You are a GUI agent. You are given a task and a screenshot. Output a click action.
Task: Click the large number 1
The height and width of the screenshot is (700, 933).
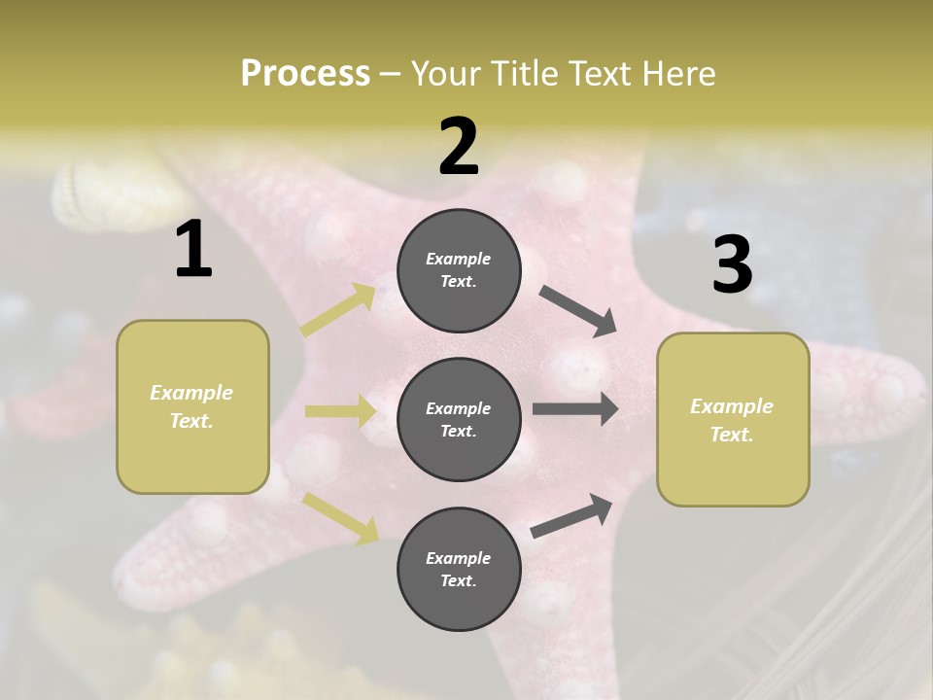pos(193,250)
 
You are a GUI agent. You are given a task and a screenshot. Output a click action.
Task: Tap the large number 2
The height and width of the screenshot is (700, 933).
pos(459,147)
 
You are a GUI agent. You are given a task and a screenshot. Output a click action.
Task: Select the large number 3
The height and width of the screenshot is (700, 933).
pos(732,265)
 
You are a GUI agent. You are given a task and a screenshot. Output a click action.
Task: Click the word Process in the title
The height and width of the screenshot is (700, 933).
pos(305,73)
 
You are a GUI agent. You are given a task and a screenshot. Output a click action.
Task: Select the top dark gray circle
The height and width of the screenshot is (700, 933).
pos(459,270)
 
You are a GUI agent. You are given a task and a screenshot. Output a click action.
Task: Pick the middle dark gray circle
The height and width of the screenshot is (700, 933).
pos(459,419)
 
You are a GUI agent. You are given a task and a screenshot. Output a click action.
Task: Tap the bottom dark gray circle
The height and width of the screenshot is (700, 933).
pos(459,569)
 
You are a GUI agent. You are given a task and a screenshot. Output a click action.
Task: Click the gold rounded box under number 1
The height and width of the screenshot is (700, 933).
pos(192,406)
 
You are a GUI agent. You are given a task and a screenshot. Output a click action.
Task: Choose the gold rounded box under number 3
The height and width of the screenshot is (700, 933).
pos(733,420)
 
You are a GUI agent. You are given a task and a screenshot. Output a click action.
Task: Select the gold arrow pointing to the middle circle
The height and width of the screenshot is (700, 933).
pos(340,411)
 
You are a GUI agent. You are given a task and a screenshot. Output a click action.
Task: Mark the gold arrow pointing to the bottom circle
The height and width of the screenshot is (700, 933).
pos(340,517)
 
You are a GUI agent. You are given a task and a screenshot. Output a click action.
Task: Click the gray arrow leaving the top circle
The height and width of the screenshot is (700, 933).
pos(578,310)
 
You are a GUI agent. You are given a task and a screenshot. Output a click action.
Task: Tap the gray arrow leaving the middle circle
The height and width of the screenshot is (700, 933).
pos(575,408)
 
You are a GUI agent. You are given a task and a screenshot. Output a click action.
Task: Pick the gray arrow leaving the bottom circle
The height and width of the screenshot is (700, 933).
pos(571,516)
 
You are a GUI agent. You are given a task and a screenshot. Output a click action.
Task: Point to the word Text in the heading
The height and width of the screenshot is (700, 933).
pos(595,73)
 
